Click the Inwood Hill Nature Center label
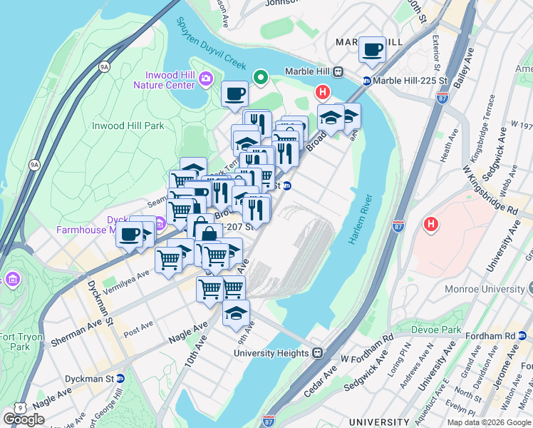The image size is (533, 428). pyautogui.click(x=163, y=80)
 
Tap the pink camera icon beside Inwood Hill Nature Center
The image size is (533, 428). pyautogui.click(x=206, y=78)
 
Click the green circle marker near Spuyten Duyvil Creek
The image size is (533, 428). pyautogui.click(x=261, y=77)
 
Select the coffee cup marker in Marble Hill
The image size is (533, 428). pyautogui.click(x=372, y=50)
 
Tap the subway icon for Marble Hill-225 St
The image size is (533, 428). pyautogui.click(x=367, y=81)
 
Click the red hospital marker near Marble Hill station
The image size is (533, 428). pyautogui.click(x=323, y=92)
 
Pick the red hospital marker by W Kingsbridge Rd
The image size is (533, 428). pyautogui.click(x=430, y=225)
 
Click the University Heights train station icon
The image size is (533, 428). pyautogui.click(x=317, y=352)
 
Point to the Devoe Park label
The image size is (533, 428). pyautogui.click(x=435, y=331)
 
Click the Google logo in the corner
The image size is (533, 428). pyautogui.click(x=24, y=419)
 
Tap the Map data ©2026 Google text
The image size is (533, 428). pyautogui.click(x=488, y=422)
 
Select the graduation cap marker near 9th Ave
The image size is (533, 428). pyautogui.click(x=236, y=313)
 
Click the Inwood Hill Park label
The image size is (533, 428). pyautogui.click(x=128, y=126)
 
